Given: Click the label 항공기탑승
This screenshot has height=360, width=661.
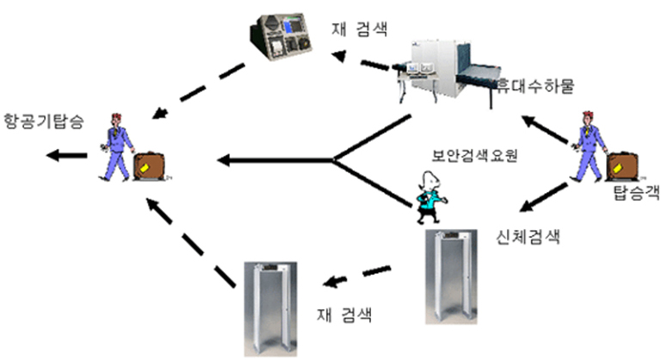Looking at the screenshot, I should [x=43, y=121].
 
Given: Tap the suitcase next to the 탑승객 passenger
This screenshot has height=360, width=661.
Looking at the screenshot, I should [x=620, y=166].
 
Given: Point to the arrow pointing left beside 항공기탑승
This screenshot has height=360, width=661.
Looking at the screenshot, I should [x=67, y=156].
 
